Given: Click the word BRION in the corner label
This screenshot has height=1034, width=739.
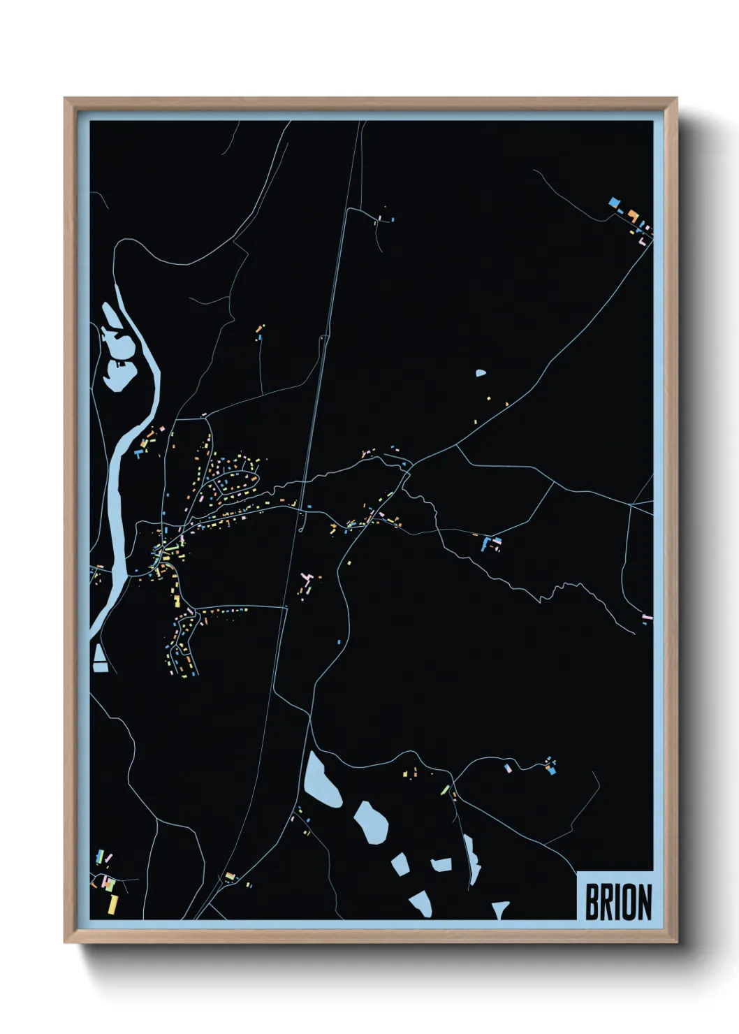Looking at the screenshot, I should pyautogui.click(x=617, y=902).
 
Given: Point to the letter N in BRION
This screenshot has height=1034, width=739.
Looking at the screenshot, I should pyautogui.click(x=643, y=902).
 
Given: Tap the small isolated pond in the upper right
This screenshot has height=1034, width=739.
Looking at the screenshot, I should pyautogui.click(x=481, y=373).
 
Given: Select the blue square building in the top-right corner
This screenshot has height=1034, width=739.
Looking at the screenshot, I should pyautogui.click(x=615, y=202).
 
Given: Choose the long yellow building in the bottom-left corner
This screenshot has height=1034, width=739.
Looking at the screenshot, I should pyautogui.click(x=114, y=903).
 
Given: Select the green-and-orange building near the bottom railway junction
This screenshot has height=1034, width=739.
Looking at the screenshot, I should pyautogui.click(x=230, y=875).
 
